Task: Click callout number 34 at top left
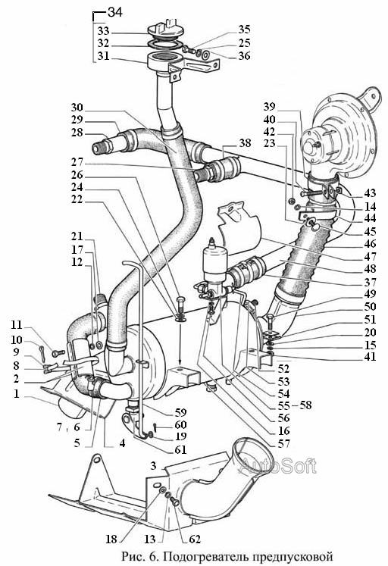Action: pyautogui.click(x=115, y=12)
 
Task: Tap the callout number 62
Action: pyautogui.click(x=195, y=539)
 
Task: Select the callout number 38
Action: pyautogui.click(x=245, y=143)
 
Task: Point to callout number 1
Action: pyautogui.click(x=17, y=394)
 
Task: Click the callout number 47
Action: pyautogui.click(x=371, y=256)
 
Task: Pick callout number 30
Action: pyautogui.click(x=77, y=108)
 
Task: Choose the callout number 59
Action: pyautogui.click(x=180, y=412)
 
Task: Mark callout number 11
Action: pyautogui.click(x=16, y=325)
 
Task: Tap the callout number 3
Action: pyautogui.click(x=153, y=466)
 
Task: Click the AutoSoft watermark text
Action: pyautogui.click(x=277, y=466)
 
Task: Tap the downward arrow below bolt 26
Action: pyautogui.click(x=180, y=344)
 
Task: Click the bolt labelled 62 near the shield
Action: pyautogui.click(x=174, y=501)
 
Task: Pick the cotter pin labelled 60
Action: pyautogui.click(x=154, y=427)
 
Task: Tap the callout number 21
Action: pyautogui.click(x=77, y=236)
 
